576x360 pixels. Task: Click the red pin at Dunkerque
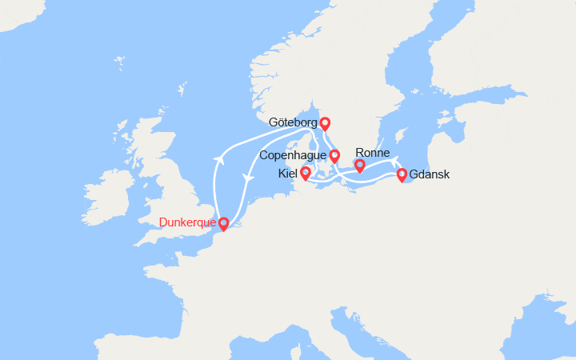point(223,223)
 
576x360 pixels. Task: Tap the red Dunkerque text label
point(187,222)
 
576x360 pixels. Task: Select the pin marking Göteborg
point(325,122)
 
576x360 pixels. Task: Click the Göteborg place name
point(293,123)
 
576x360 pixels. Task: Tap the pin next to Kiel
point(306,172)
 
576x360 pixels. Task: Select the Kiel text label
point(287,173)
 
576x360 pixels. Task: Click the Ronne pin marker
point(360,165)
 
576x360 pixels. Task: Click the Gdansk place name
point(430,174)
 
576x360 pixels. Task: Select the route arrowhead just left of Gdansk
point(395,170)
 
